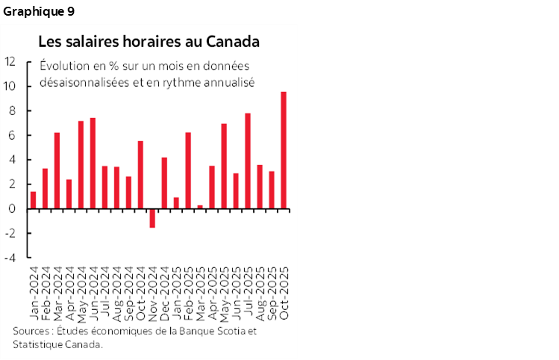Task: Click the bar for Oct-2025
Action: [x=284, y=150]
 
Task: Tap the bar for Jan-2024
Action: [x=34, y=200]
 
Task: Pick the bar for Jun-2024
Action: [x=93, y=163]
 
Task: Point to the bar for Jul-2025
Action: [x=248, y=161]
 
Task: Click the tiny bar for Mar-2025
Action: [x=200, y=207]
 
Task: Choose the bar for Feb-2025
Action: [x=188, y=170]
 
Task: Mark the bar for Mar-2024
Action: [x=57, y=170]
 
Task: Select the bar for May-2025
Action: [x=224, y=166]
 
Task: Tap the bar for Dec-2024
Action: [x=164, y=183]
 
